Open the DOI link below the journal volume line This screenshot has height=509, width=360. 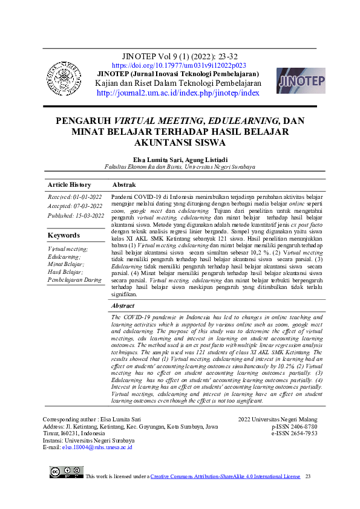(179, 65)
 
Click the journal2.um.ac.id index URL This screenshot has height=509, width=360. (178, 93)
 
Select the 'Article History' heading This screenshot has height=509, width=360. (70, 185)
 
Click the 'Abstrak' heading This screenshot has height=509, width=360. (124, 184)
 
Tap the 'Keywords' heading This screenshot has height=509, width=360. (64, 235)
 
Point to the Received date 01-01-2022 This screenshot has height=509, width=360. (75, 197)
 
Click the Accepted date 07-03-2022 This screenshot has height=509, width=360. (75, 206)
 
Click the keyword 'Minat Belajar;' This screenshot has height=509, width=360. (66, 264)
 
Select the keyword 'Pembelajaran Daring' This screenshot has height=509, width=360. (75, 280)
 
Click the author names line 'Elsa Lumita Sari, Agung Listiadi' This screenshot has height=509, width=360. (180, 158)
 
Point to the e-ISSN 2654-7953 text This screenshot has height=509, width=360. (294, 433)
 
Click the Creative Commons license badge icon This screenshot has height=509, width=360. (67, 472)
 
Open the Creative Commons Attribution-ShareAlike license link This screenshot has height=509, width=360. (225, 476)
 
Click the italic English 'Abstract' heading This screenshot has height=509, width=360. (123, 306)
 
